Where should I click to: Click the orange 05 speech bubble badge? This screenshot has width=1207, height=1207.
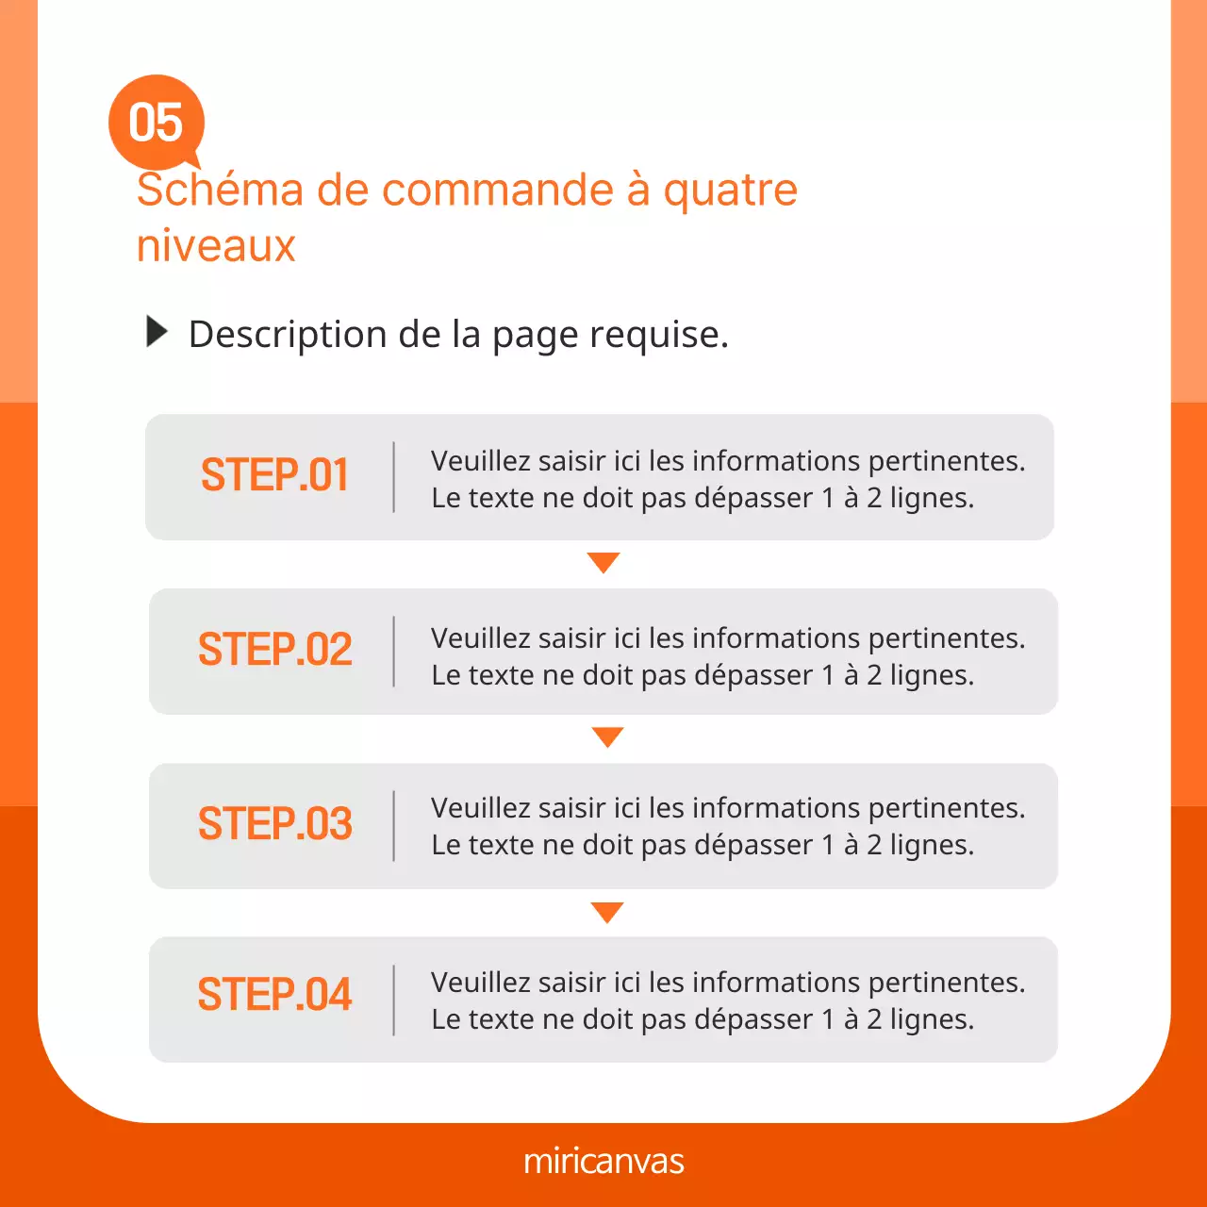coord(157,123)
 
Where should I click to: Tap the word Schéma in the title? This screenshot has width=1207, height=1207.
coord(220,190)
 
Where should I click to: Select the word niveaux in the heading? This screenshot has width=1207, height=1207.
coord(216,246)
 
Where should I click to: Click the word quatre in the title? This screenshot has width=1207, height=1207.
coord(730,190)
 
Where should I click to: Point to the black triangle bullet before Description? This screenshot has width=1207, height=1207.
coord(157,332)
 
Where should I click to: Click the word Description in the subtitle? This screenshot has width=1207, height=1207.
coord(288,335)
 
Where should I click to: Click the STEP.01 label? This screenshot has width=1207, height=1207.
coord(274,475)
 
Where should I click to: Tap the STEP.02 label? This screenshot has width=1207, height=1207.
coord(274,650)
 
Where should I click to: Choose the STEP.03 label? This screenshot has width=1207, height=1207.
coord(274,824)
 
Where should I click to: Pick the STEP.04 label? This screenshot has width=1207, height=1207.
coord(274,996)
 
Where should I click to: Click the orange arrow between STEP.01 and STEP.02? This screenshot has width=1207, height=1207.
coord(603,562)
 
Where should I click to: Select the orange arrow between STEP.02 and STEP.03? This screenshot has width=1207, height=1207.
coord(607,736)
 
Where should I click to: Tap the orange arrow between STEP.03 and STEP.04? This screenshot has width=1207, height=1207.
coord(607,912)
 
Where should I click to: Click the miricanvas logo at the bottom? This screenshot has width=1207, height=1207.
coord(603,1161)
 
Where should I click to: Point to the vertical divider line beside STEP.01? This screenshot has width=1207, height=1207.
coord(393,477)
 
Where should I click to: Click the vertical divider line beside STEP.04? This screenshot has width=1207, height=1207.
coord(393,1000)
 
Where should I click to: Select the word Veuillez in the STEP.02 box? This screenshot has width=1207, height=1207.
coord(480,638)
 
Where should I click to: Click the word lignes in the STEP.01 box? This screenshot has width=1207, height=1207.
coord(931,499)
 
